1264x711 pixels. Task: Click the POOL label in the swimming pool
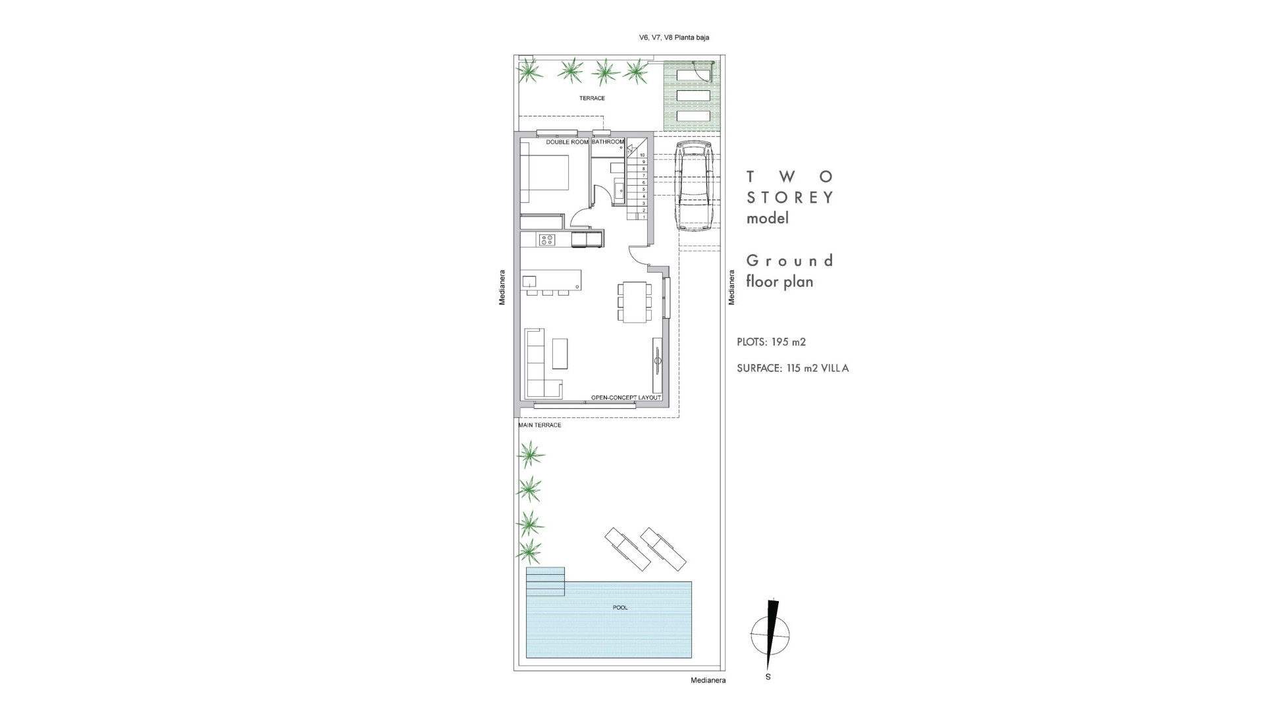pyautogui.click(x=620, y=608)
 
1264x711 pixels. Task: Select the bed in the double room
pyautogui.click(x=545, y=178)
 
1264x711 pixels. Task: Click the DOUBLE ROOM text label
pyautogui.click(x=567, y=142)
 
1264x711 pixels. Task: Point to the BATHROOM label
pyautogui.click(x=607, y=142)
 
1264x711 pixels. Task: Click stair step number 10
pyautogui.click(x=643, y=155)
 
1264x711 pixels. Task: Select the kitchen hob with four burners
pyautogui.click(x=546, y=240)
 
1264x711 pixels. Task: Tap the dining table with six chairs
pyautogui.click(x=635, y=302)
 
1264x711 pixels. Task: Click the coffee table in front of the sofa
pyautogui.click(x=560, y=354)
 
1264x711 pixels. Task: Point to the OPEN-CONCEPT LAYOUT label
pyautogui.click(x=625, y=398)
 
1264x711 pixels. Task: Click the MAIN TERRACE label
pyautogui.click(x=540, y=425)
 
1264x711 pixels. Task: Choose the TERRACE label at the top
pyautogui.click(x=592, y=98)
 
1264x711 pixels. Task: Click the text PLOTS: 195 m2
pyautogui.click(x=771, y=342)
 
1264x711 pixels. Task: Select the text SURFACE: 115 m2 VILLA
pyautogui.click(x=793, y=369)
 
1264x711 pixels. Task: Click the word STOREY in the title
pyautogui.click(x=790, y=197)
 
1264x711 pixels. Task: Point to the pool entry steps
pyautogui.click(x=545, y=581)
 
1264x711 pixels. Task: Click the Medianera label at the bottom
pyautogui.click(x=708, y=681)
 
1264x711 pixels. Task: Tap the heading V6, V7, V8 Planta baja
pyautogui.click(x=673, y=38)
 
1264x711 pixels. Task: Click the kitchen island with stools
pyautogui.click(x=552, y=279)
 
